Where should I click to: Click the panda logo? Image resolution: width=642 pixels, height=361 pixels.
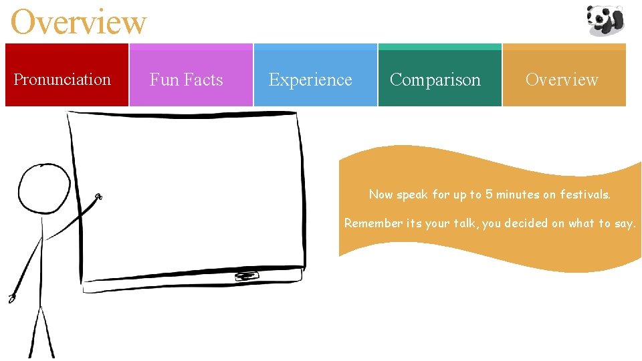[605, 20]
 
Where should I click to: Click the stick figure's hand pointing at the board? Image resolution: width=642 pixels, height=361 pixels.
[98, 197]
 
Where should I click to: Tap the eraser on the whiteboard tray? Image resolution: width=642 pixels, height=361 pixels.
[246, 276]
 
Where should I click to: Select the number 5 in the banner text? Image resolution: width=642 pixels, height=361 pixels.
[490, 195]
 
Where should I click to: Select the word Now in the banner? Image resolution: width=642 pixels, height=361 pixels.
[381, 195]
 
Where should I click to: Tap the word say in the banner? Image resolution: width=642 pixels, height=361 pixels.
[625, 224]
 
